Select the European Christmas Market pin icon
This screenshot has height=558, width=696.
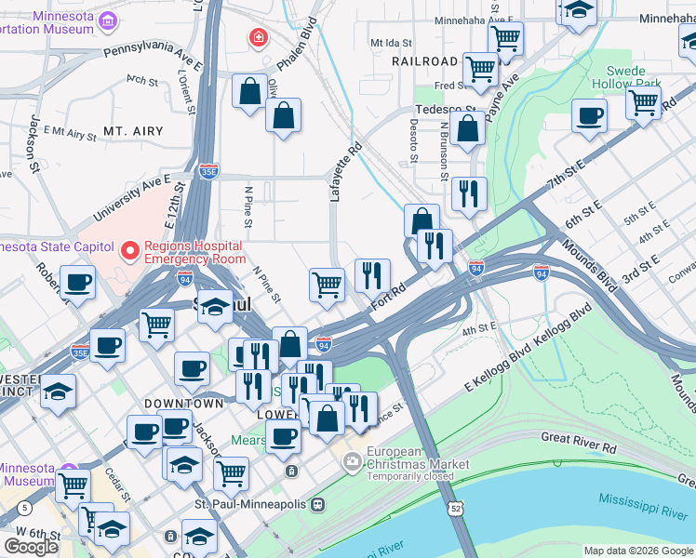(352, 460)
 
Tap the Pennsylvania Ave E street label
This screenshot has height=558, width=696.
(154, 53)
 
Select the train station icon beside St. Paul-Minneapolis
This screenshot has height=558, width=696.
(318, 504)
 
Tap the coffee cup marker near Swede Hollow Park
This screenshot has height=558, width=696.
(589, 116)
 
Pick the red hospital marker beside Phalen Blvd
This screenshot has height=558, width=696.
(258, 38)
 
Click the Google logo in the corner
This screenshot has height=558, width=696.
(31, 547)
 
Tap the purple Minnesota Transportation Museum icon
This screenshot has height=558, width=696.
(109, 20)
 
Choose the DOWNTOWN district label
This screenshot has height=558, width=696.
(184, 404)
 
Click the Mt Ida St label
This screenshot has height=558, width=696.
(390, 43)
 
